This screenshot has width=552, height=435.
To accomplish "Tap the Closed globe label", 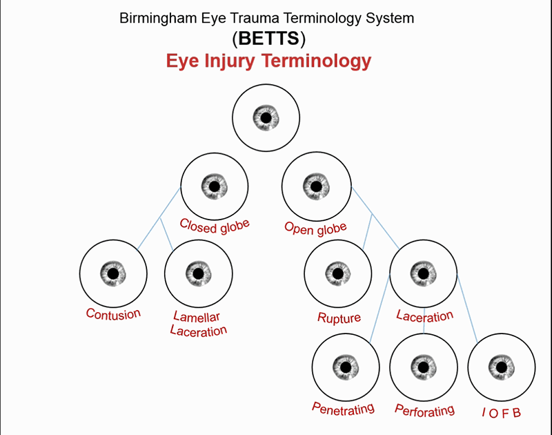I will (x=214, y=225).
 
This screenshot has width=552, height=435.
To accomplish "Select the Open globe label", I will (x=315, y=226).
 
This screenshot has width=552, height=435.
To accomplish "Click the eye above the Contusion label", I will (x=113, y=273).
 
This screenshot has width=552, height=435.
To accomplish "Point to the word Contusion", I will (x=113, y=313).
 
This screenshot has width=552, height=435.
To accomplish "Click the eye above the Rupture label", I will (x=338, y=273).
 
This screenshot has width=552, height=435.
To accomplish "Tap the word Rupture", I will (x=339, y=318).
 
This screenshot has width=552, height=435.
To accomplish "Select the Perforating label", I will (x=424, y=410).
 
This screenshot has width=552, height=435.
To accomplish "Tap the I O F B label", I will (x=502, y=413).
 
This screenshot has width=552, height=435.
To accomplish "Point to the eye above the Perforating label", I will (x=423, y=365).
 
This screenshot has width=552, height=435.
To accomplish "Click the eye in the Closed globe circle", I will (x=214, y=186).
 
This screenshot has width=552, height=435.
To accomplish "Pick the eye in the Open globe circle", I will (x=315, y=186).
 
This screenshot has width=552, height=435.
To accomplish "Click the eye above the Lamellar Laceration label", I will (x=198, y=273).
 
